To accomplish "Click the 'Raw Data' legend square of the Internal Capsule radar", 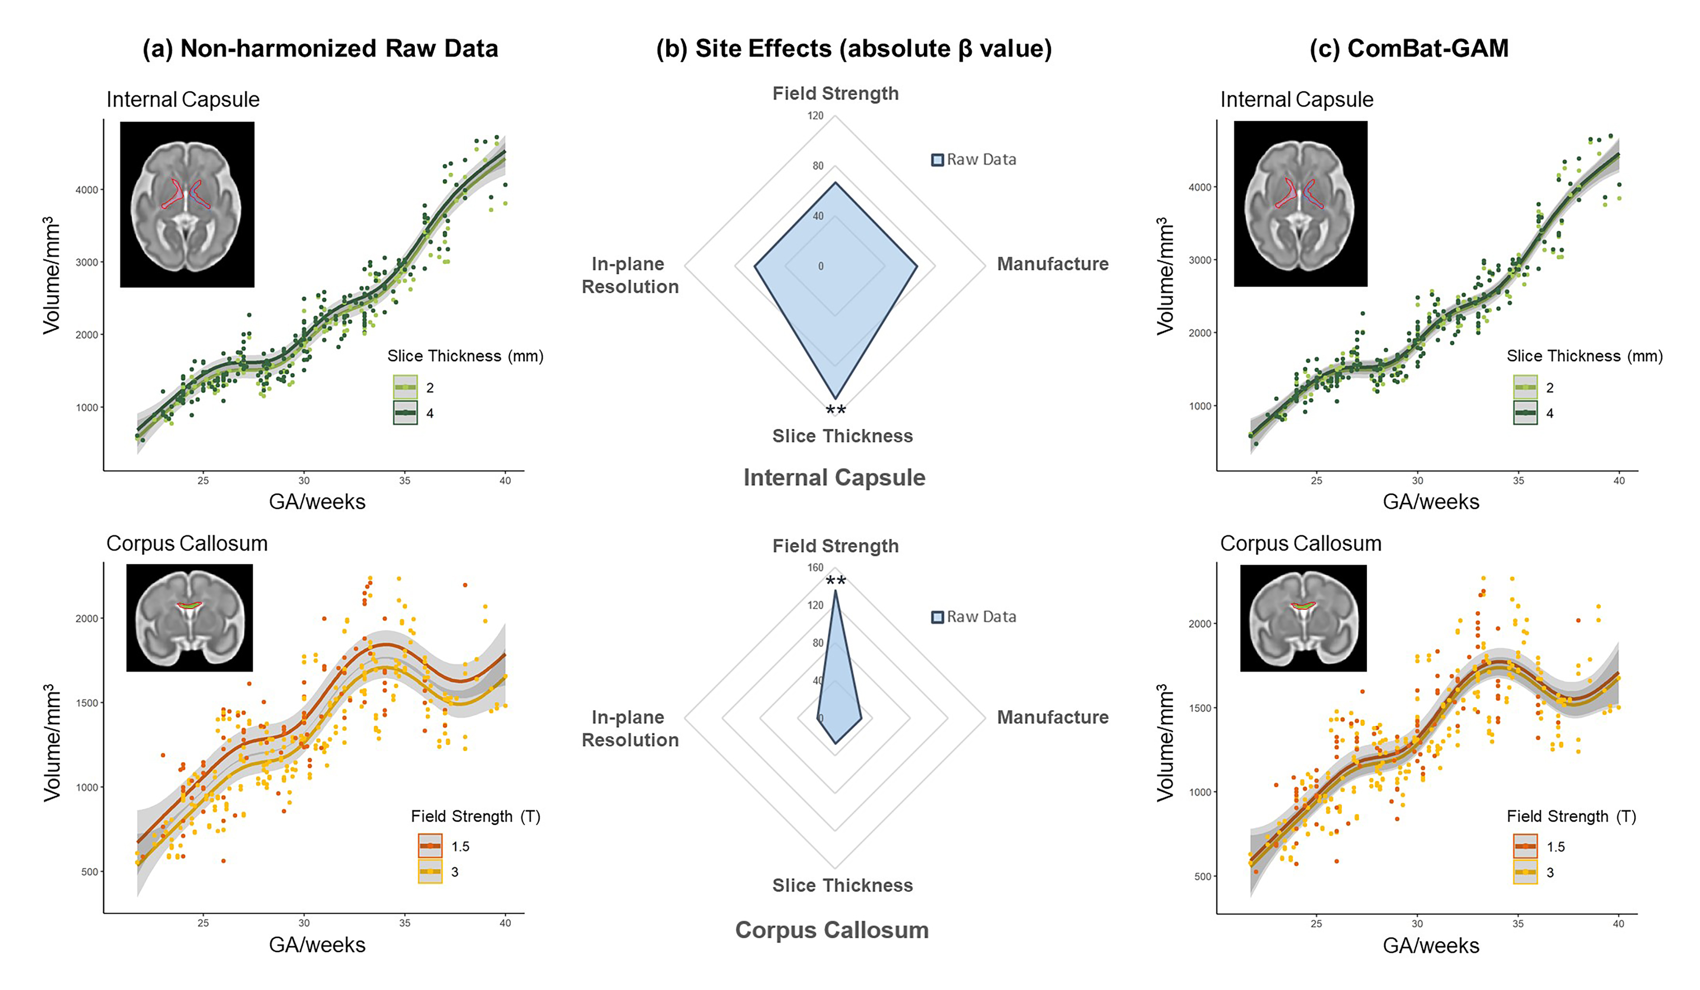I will click(x=937, y=160).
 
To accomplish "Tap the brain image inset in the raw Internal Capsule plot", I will click(x=187, y=204).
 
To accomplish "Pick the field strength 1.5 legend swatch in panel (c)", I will click(x=1525, y=846).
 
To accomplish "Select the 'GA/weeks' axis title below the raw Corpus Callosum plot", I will click(x=317, y=945).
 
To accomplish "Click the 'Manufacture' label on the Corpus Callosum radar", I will click(x=1052, y=717).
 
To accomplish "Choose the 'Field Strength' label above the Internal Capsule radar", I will click(x=835, y=94).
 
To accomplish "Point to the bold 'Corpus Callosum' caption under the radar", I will click(x=832, y=930).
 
